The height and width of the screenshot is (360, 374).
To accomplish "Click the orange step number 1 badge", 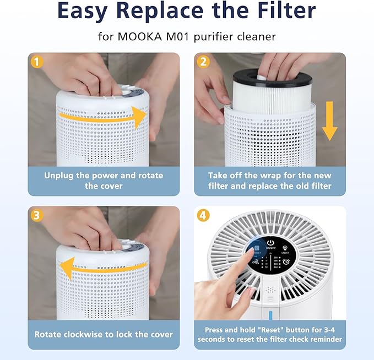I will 37,62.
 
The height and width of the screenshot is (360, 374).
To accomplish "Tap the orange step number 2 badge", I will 203,62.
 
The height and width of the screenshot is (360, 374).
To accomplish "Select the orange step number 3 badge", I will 37,215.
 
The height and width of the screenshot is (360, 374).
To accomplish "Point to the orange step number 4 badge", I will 203,215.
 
